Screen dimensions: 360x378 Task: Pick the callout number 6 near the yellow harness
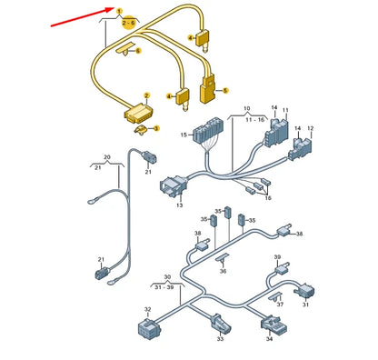pyautogui.click(x=138, y=51)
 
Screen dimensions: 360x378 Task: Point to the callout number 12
pyautogui.click(x=310, y=128)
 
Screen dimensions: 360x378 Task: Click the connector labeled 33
pyautogui.click(x=220, y=324)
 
